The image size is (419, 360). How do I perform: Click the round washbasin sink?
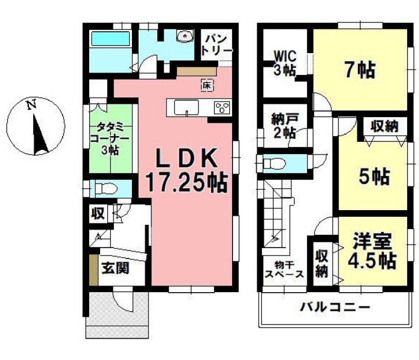(x=184, y=37)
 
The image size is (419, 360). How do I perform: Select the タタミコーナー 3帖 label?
(x=111, y=138)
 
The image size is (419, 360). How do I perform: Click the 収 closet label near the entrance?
(x=98, y=214)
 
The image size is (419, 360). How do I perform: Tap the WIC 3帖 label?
(x=285, y=62)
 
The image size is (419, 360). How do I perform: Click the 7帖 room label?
(x=360, y=71)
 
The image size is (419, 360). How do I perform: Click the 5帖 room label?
(x=374, y=177)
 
